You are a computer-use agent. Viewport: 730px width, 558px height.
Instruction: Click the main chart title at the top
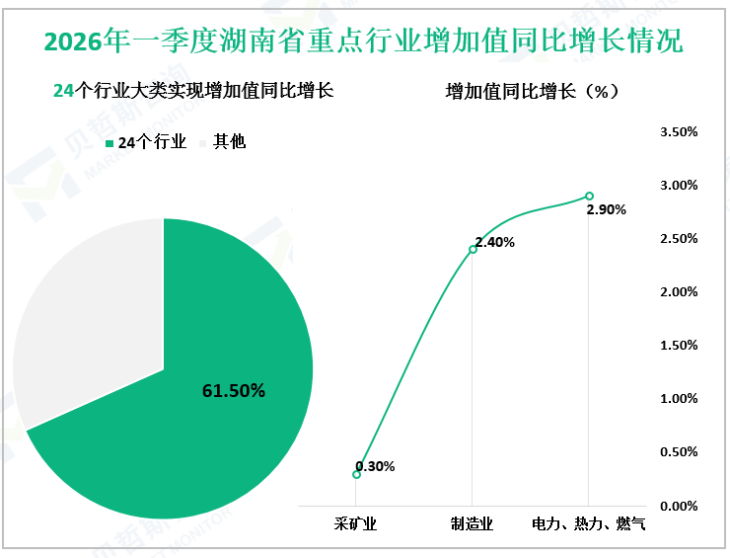click(364, 41)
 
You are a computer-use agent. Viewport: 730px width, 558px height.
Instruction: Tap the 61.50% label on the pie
click(234, 391)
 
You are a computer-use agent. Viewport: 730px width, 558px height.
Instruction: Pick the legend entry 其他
click(223, 142)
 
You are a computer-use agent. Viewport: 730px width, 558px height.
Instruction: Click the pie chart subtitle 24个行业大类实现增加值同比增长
click(192, 91)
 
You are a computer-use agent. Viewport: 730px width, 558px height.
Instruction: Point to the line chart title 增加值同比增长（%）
click(532, 91)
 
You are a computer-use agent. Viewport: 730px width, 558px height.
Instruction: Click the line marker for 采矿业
click(356, 474)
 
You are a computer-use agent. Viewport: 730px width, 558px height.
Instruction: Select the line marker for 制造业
click(473, 249)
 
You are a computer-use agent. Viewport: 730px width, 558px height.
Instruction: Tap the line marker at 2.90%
click(589, 196)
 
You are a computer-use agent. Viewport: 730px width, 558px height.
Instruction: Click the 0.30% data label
click(375, 466)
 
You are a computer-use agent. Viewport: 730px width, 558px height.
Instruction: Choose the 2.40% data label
click(494, 242)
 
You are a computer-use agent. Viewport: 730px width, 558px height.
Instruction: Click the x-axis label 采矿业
click(356, 522)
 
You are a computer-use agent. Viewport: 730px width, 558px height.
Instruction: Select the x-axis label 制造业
click(473, 522)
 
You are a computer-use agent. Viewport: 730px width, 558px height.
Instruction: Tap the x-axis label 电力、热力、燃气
click(589, 522)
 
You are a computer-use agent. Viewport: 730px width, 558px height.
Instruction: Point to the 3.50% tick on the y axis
click(679, 131)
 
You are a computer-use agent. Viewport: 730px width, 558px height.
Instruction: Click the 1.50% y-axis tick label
click(679, 345)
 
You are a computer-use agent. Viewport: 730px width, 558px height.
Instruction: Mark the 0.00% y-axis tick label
click(679, 506)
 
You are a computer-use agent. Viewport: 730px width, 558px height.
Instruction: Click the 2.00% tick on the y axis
click(679, 291)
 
